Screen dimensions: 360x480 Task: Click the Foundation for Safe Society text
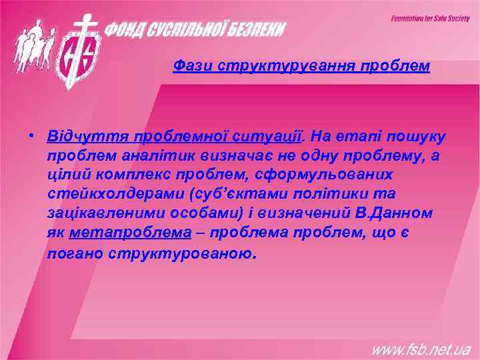pos(430,19)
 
